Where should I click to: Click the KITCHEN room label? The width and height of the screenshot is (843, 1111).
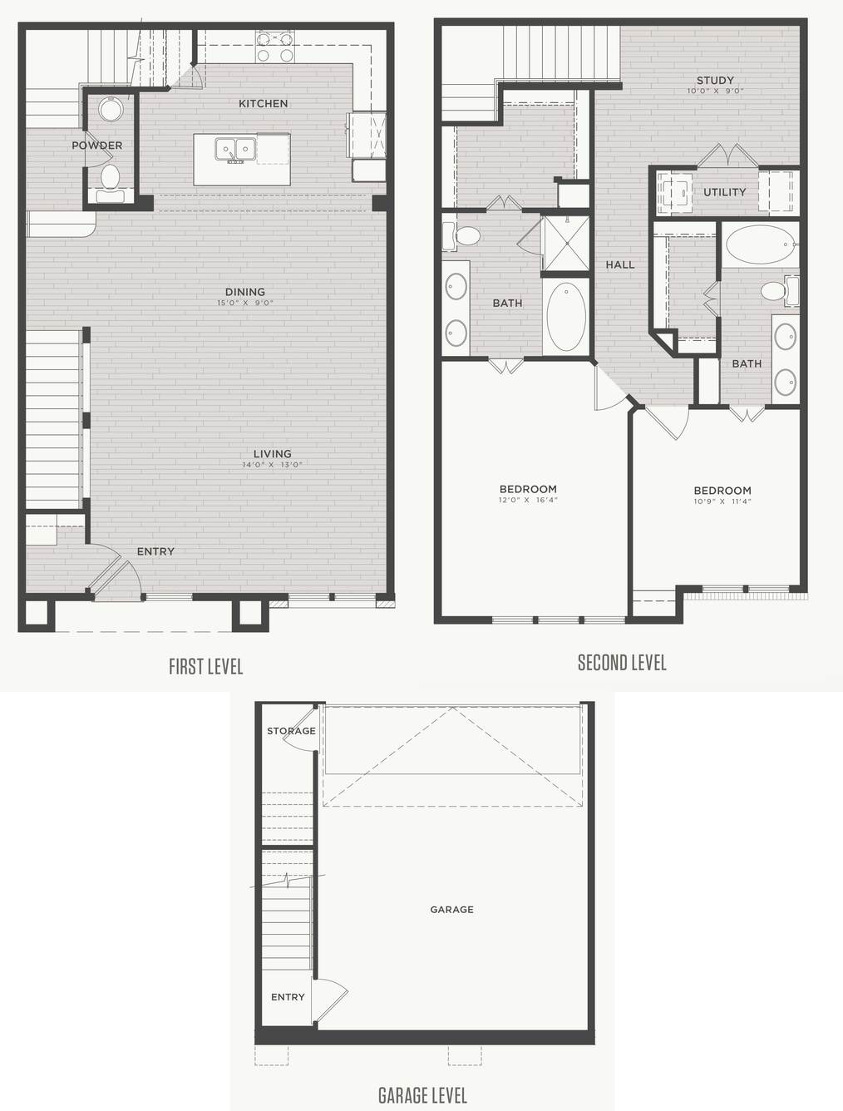coord(263,103)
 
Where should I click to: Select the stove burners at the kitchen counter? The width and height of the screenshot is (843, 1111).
coord(274,46)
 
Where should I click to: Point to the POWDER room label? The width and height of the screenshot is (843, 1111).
coord(96,146)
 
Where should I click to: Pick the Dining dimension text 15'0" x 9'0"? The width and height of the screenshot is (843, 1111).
coord(245,304)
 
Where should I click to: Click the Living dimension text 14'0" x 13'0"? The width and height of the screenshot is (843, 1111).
coord(272,465)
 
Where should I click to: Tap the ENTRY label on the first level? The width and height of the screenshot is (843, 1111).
coord(155,551)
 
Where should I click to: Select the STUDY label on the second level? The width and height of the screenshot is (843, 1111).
coord(715,80)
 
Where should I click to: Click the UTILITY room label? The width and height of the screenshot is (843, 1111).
coord(724,192)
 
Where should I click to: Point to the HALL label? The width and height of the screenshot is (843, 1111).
coord(620,264)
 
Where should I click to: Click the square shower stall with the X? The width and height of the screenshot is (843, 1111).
coord(565,244)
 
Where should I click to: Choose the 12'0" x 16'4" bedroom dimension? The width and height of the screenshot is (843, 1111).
coord(528,500)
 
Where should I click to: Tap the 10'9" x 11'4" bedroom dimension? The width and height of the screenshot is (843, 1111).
coord(722,501)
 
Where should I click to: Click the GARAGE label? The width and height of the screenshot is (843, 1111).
coord(452,910)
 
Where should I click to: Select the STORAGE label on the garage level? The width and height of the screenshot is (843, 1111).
coord(291,731)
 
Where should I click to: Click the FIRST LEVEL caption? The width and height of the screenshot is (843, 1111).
coord(206,667)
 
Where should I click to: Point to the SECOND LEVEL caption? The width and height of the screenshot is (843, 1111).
coord(622,663)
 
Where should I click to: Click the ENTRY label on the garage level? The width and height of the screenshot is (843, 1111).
coord(288,997)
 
